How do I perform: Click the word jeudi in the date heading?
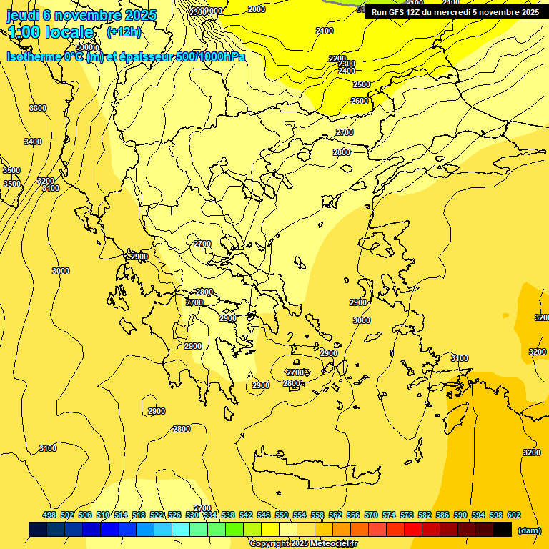pyautogui.click(x=24, y=15)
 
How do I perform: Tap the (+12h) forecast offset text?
pyautogui.click(x=124, y=32)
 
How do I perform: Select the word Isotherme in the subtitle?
pyautogui.click(x=33, y=56)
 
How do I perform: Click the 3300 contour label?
pyautogui.click(x=38, y=108)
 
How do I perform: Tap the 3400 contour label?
pyautogui.click(x=33, y=142)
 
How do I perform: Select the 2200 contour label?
pyautogui.click(x=337, y=59)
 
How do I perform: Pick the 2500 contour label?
pyautogui.click(x=362, y=84)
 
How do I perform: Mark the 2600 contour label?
pyautogui.click(x=359, y=101)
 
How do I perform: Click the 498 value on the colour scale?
pyautogui.click(x=49, y=515)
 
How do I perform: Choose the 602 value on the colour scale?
pyautogui.click(x=514, y=515)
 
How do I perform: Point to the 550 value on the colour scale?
pyautogui.click(x=282, y=515)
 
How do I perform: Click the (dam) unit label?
pyautogui.click(x=529, y=530)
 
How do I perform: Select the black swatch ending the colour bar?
pyautogui.click(x=503, y=529)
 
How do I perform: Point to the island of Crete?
pyautogui.click(x=315, y=465)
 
